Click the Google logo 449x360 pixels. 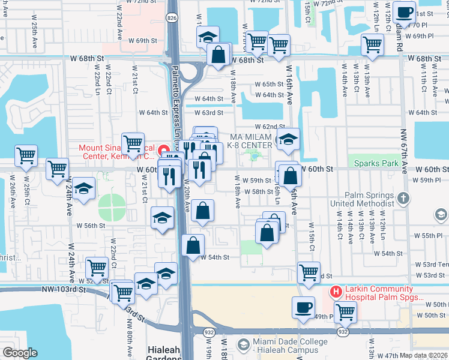coord(20,353)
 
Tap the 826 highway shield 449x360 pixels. coord(172,19)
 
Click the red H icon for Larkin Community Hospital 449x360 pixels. coord(336,293)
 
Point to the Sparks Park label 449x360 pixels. coord(376,163)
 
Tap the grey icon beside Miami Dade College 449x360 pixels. coord(243,344)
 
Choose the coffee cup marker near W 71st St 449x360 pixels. coord(405,12)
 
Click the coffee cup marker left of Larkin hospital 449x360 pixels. coord(303,307)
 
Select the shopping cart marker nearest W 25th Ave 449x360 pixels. coord(26,156)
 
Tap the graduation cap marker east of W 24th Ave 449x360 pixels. coord(84,188)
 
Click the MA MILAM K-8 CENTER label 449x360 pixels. coord(250,142)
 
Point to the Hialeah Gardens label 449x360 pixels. coord(164,354)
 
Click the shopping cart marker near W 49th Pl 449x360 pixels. coord(345,311)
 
